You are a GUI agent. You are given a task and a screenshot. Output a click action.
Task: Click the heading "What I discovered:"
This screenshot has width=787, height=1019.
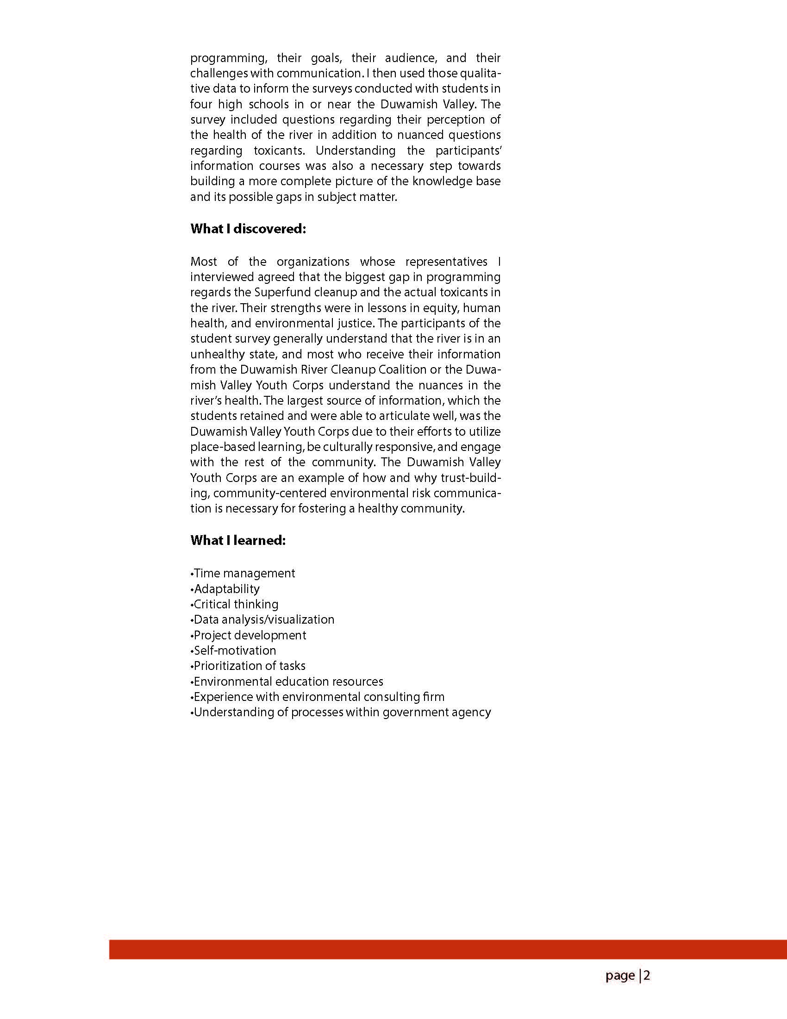(248, 229)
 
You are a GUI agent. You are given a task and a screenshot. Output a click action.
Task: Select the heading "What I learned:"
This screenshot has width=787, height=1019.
(238, 540)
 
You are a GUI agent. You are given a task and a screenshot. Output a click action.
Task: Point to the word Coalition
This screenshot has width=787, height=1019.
(402, 369)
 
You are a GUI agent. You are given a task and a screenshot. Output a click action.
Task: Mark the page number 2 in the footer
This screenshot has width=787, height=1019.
(647, 975)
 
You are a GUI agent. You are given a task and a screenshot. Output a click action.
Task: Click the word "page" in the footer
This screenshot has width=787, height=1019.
(620, 976)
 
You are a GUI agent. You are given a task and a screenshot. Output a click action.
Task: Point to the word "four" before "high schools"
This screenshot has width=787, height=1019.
(201, 104)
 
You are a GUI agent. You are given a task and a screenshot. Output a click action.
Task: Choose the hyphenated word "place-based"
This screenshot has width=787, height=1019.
(222, 447)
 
